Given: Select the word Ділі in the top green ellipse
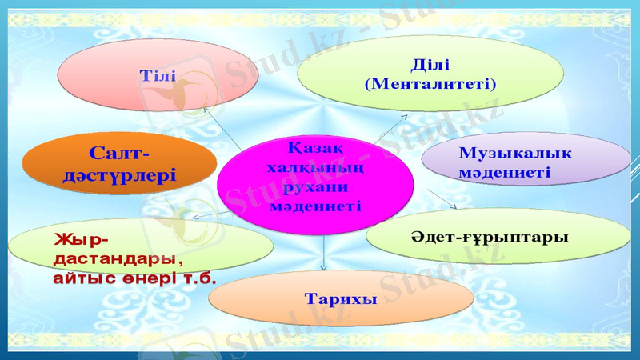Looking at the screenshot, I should pyautogui.click(x=430, y=64).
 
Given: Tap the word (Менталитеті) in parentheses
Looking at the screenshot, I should pyautogui.click(x=430, y=82).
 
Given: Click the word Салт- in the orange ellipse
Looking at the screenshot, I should pyautogui.click(x=119, y=152).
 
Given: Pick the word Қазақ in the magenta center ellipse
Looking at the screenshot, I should pyautogui.click(x=315, y=148).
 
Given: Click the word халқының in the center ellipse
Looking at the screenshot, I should pyautogui.click(x=315, y=167).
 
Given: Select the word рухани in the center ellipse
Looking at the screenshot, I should pyautogui.click(x=315, y=186).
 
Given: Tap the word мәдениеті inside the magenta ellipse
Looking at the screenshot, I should pyautogui.click(x=315, y=206).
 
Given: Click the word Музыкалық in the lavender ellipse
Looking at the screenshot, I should pyautogui.click(x=515, y=153).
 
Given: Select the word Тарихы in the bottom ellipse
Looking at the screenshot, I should pyautogui.click(x=340, y=298).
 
